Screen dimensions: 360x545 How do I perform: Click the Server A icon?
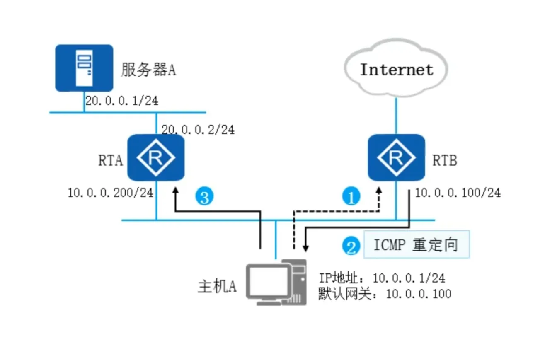84,68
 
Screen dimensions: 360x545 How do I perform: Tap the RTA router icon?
156,158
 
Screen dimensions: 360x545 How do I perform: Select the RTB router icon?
397,158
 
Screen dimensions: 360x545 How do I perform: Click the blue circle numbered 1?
351,198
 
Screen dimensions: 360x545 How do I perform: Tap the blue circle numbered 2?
351,246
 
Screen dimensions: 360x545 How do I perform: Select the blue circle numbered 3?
205,198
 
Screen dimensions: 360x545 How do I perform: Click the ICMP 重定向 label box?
416,244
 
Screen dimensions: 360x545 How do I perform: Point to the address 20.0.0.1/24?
122,101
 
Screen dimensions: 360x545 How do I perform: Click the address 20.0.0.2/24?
198,130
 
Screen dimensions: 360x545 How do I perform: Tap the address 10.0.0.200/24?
111,193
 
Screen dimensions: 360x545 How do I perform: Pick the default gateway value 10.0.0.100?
418,294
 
